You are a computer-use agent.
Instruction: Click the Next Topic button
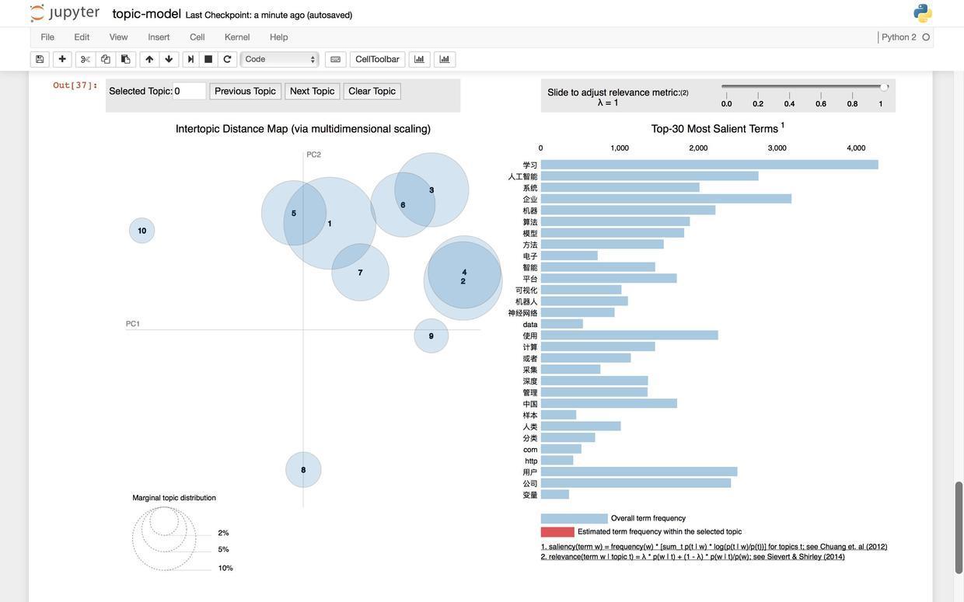point(312,92)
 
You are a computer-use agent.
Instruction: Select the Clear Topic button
point(372,92)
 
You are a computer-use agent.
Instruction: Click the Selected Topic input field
point(189,92)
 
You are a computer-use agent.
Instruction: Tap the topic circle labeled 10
point(141,231)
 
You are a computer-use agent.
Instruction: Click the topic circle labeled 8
point(303,470)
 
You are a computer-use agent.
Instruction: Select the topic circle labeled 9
point(431,336)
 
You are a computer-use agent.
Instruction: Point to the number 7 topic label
point(360,273)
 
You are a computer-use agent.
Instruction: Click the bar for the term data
point(561,324)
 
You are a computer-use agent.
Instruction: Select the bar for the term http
point(557,461)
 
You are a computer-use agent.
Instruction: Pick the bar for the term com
point(561,449)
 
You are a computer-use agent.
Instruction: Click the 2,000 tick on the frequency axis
point(698,148)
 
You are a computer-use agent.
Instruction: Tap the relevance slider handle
point(884,87)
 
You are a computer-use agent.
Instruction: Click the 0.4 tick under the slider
point(789,103)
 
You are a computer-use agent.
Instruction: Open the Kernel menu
point(237,37)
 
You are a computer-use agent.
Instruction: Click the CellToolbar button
point(377,60)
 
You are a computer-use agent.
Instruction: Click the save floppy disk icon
point(40,60)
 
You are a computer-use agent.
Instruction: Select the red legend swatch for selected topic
point(557,532)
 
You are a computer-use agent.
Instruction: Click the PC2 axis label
point(313,155)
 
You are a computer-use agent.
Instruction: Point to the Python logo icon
point(922,13)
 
